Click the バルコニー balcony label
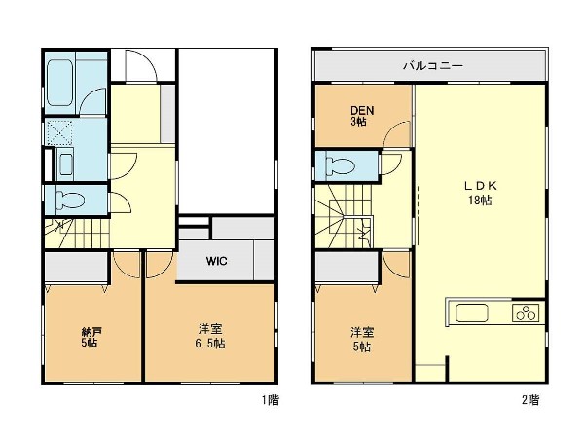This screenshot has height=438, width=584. click(433, 66)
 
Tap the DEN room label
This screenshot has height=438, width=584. click(362, 110)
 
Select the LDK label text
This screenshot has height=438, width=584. click(480, 186)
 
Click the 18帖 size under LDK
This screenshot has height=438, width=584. click(480, 200)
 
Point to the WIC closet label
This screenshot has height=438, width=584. click(216, 261)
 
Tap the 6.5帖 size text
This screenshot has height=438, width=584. click(210, 344)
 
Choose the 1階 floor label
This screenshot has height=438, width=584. click(270, 400)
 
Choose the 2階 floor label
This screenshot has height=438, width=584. click(530, 400)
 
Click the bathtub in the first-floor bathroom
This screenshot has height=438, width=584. click(59, 83)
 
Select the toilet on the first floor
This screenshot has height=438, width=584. click(70, 200)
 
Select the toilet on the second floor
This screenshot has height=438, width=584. click(340, 165)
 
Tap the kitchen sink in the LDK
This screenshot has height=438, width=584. click(471, 312)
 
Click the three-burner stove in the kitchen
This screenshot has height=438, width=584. click(526, 312)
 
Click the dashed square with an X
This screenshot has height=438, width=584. click(59, 131)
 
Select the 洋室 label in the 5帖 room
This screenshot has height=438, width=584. click(362, 332)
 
